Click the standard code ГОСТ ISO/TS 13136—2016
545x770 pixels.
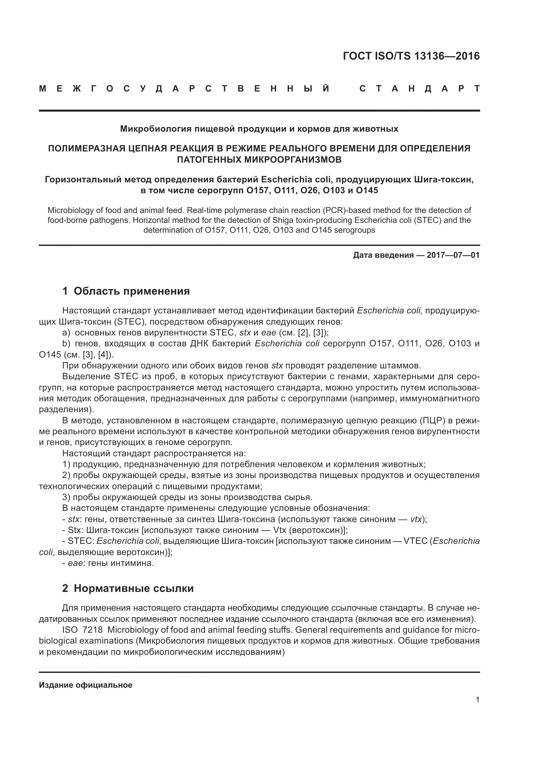pyautogui.click(x=411, y=56)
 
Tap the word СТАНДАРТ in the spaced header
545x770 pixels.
pyautogui.click(x=419, y=89)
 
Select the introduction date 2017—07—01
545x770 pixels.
pyautogui.click(x=453, y=255)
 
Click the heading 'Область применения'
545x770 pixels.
pyautogui.click(x=131, y=291)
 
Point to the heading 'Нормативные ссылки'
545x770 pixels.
pyautogui.click(x=133, y=589)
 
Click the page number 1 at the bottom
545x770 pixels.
pyautogui.click(x=477, y=700)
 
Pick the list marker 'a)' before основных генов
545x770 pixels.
pyautogui.click(x=66, y=333)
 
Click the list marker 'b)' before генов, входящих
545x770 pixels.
pyautogui.click(x=66, y=344)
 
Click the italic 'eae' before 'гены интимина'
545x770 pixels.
pyautogui.click(x=75, y=563)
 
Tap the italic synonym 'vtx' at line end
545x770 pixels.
pyautogui.click(x=416, y=519)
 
